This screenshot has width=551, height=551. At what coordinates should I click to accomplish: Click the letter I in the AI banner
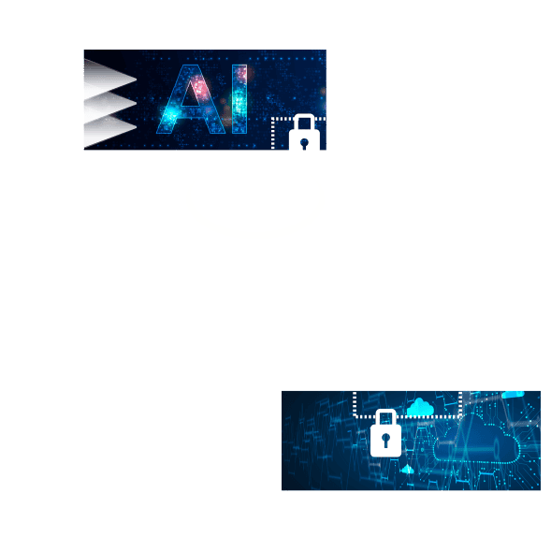tap(239, 99)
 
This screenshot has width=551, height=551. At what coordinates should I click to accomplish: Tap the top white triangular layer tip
tap(136, 80)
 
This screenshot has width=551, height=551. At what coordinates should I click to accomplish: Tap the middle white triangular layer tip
tap(136, 103)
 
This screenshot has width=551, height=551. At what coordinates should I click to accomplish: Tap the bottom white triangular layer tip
tap(136, 126)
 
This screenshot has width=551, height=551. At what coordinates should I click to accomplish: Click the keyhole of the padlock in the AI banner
tap(304, 143)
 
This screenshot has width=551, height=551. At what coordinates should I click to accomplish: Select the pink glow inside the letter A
tap(200, 88)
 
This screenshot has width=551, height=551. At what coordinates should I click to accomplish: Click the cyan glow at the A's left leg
tap(171, 113)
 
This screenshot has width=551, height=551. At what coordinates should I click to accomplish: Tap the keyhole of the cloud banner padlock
tap(385, 441)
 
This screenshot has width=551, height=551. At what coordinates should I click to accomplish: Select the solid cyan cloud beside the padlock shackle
tap(420, 407)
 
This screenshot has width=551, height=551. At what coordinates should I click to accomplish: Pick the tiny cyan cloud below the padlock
tap(407, 470)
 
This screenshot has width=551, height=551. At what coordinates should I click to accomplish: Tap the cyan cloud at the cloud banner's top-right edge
tap(513, 395)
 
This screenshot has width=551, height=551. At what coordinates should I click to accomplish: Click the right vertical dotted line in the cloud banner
tap(460, 404)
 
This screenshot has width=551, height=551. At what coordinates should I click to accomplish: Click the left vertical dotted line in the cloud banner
tap(355, 404)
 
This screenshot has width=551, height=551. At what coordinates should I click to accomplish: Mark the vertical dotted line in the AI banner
tap(272, 134)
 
